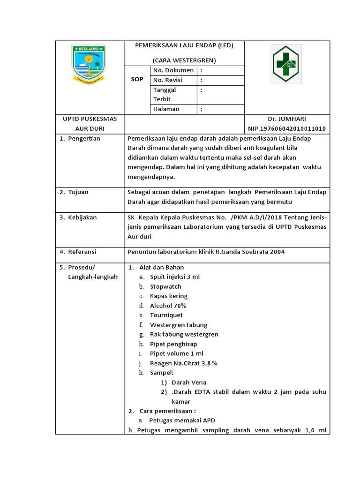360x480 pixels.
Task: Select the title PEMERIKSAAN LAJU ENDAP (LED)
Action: click(x=184, y=45)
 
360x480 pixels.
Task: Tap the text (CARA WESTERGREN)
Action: click(x=184, y=60)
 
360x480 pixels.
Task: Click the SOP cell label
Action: click(x=136, y=80)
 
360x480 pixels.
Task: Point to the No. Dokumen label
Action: click(x=173, y=70)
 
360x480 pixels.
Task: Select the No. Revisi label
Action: click(x=167, y=80)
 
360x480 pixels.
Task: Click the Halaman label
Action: click(x=166, y=109)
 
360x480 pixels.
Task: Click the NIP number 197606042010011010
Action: click(x=287, y=129)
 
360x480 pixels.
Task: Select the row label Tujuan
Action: click(x=78, y=192)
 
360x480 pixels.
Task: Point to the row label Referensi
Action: click(x=82, y=252)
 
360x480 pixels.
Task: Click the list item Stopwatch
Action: click(x=165, y=286)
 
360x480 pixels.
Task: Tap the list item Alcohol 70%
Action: click(x=168, y=306)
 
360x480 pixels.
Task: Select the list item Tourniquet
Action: click(x=166, y=315)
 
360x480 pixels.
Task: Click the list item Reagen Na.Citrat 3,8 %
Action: click(x=183, y=363)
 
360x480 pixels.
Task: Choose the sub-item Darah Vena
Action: click(x=189, y=382)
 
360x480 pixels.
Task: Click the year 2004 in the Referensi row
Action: click(x=277, y=252)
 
